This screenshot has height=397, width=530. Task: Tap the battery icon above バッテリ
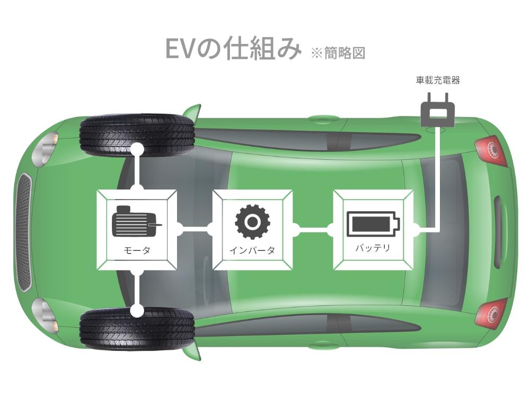[373, 224]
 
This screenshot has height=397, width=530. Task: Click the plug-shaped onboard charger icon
[438, 111]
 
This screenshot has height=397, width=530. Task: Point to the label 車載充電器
[438, 80]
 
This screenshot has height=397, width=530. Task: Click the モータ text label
[137, 250]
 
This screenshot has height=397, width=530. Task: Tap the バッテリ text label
[373, 248]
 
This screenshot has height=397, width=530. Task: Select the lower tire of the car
[137, 328]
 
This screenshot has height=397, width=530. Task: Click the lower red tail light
[490, 313]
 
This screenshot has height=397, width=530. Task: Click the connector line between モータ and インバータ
[195, 230]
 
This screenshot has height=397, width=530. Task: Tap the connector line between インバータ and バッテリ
[313, 230]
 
